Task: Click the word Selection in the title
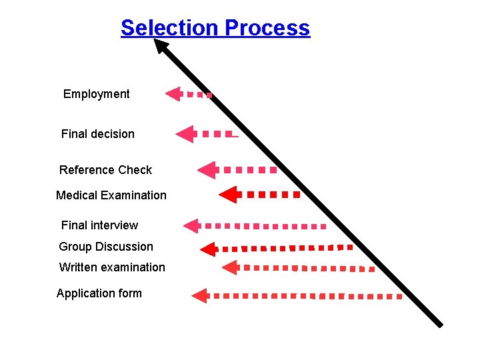170,28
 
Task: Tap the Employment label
97,94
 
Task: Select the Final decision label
98,134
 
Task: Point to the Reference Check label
105,170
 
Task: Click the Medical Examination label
111,195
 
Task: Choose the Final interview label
99,225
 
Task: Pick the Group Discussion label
106,247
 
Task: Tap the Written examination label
112,267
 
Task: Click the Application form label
99,293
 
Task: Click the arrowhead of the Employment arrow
173,94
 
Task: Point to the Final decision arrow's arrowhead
185,134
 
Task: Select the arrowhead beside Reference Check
207,170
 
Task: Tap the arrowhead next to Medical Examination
228,195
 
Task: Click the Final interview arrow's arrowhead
192,226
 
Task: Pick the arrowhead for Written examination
230,267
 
